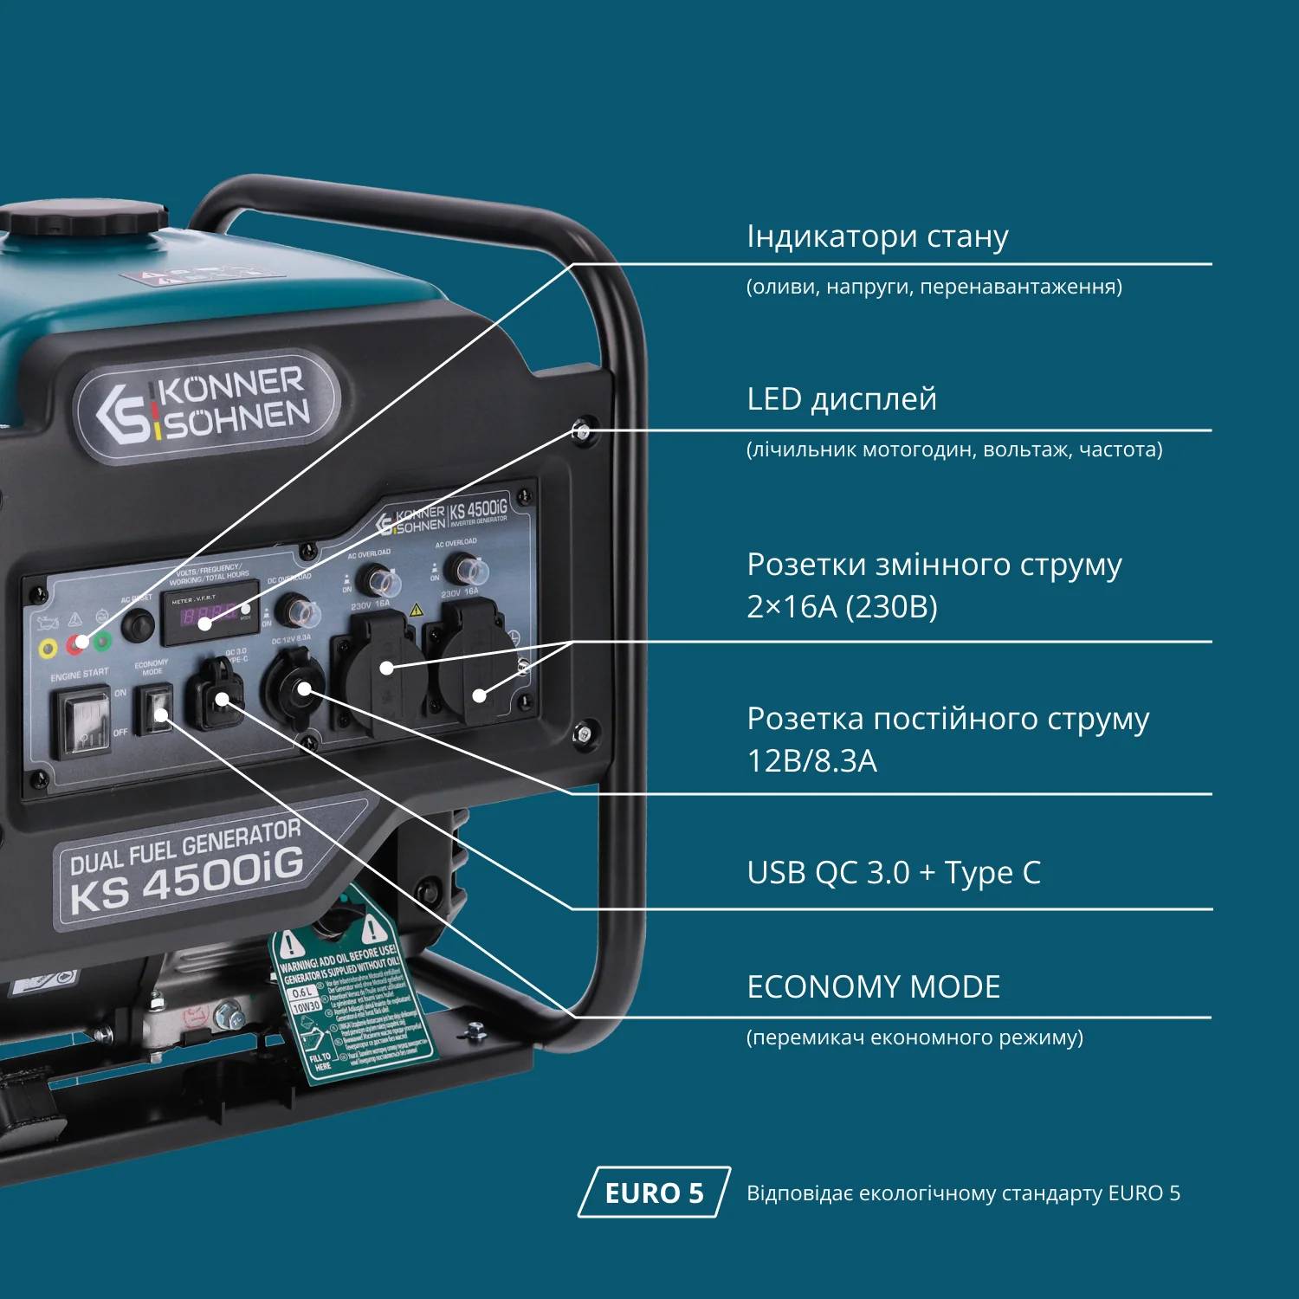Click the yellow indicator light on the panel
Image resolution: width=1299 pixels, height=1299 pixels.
click(48, 649)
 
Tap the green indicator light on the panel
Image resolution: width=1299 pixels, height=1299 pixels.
click(102, 642)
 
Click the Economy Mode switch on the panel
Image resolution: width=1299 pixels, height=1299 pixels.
click(158, 708)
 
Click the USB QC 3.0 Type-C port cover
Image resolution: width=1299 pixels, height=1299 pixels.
click(216, 693)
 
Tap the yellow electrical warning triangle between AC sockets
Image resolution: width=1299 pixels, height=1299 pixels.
click(416, 611)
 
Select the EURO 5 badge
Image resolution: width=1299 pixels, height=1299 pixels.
click(654, 1192)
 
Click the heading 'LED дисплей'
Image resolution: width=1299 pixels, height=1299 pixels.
click(842, 399)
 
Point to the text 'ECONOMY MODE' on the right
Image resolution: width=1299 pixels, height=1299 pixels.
click(873, 987)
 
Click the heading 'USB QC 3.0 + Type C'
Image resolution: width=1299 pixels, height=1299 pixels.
click(894, 873)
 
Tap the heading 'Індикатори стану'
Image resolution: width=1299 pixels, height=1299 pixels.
click(877, 236)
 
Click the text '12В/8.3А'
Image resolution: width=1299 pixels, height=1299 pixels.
click(811, 761)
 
